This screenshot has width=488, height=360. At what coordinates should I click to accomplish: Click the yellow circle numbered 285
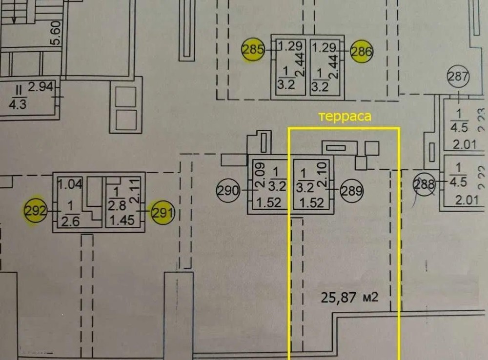(253, 49)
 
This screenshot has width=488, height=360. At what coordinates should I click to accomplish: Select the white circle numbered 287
(458, 77)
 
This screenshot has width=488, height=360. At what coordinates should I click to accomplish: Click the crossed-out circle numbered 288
(424, 184)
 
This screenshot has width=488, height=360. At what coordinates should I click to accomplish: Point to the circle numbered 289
(352, 191)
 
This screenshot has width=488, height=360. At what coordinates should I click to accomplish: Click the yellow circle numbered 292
(36, 211)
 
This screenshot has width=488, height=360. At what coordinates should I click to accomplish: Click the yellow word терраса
(345, 117)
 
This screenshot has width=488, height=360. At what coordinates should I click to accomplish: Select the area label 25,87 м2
(350, 296)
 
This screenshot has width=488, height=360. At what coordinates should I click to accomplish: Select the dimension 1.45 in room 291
(122, 220)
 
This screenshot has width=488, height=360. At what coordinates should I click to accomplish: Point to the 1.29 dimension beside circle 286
(324, 48)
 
